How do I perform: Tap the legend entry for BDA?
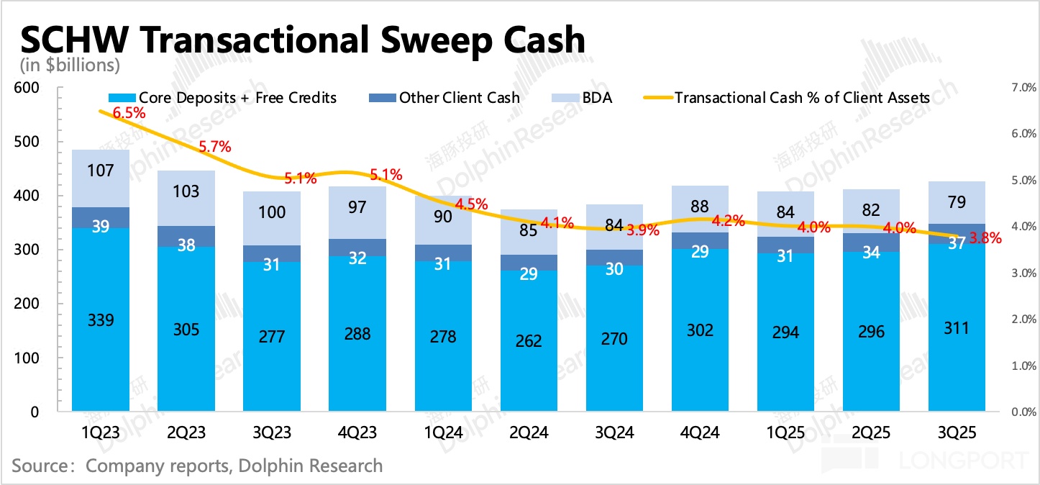[x=598, y=98]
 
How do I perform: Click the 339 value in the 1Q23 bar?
[x=100, y=321]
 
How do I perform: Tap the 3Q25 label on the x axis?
[x=956, y=432]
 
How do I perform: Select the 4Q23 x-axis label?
[x=357, y=432]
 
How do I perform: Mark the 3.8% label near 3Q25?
[x=985, y=238]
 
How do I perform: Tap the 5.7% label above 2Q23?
[x=215, y=147]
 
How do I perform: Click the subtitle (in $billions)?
[x=65, y=65]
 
